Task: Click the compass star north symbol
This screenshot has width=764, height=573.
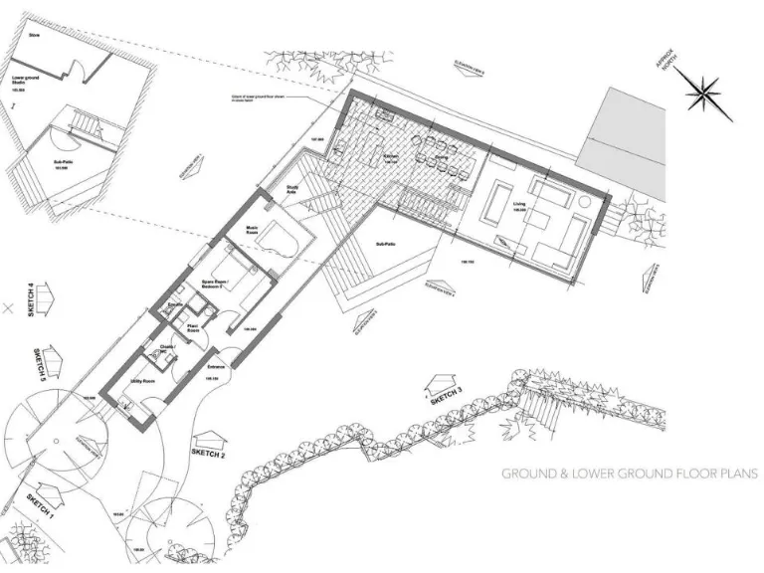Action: pos(708,95)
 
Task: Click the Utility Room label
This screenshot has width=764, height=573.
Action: pos(140,380)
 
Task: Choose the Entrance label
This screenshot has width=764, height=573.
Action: pos(216,366)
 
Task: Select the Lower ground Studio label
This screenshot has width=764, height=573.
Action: pos(27,80)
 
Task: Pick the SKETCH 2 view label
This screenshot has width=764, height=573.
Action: pos(208,453)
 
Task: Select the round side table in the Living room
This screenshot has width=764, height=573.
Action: pos(584,201)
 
